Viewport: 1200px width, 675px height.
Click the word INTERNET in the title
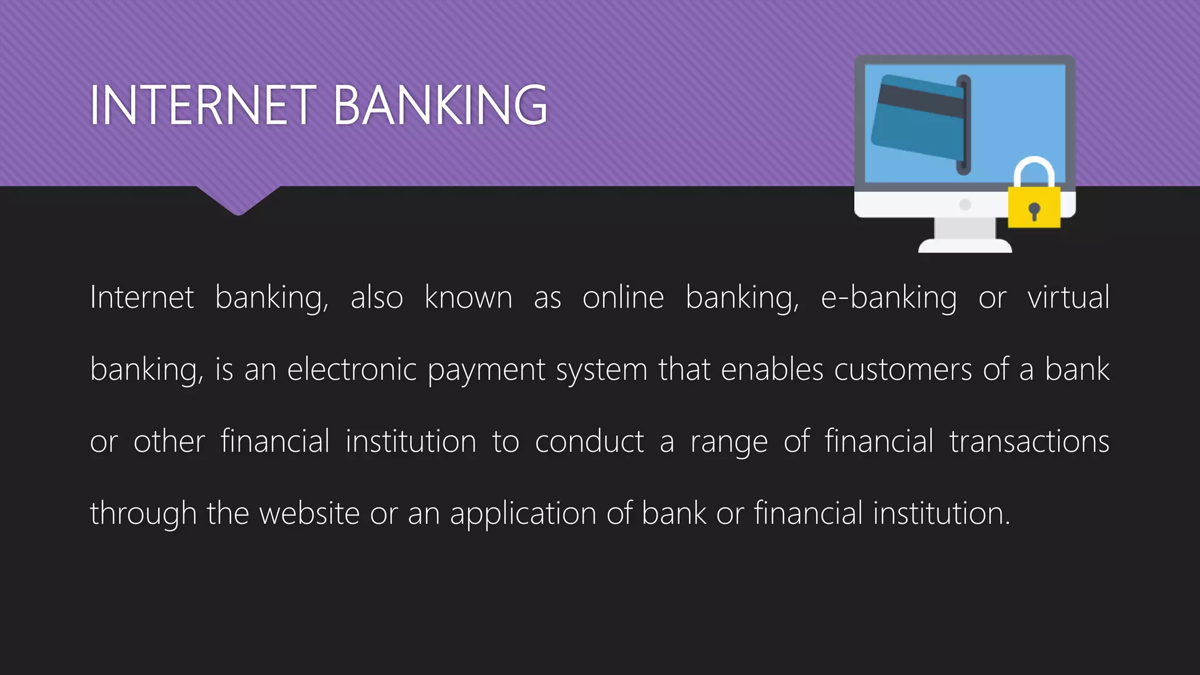coord(203,105)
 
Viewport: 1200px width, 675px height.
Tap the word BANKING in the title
coord(440,105)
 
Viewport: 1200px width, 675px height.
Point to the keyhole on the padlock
coord(1034,210)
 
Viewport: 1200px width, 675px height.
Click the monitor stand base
coord(965,245)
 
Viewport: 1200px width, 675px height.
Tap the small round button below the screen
coord(965,204)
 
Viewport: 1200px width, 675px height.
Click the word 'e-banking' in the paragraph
coord(888,298)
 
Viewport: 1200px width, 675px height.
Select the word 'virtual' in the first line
coord(1068,297)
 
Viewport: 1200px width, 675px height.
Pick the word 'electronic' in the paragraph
coord(352,370)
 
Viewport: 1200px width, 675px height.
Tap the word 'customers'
coord(903,370)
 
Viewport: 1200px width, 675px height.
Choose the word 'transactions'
coord(1029,441)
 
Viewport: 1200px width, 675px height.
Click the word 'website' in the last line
coord(309,513)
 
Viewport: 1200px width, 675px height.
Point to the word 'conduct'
coord(589,441)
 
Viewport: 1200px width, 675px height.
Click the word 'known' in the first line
coord(468,297)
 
